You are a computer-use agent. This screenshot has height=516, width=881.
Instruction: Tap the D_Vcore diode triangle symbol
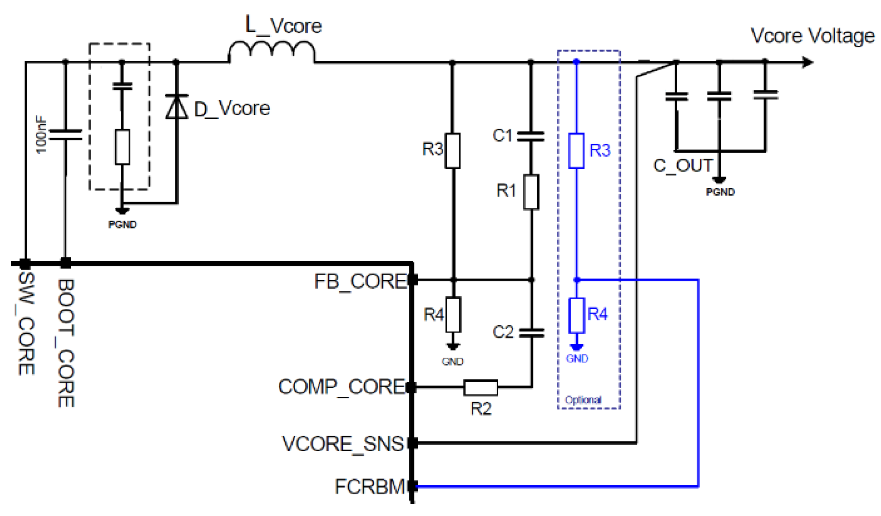tap(177, 107)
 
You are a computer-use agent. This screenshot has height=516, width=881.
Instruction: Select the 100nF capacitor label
tap(41, 134)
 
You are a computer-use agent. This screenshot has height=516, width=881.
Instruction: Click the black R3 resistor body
tap(452, 151)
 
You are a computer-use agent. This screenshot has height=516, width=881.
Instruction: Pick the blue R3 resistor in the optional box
tap(576, 151)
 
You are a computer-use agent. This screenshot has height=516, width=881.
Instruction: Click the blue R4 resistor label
tap(597, 314)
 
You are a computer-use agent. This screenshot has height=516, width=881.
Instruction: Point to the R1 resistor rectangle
tap(531, 192)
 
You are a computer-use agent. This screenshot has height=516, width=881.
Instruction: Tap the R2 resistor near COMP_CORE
tap(480, 387)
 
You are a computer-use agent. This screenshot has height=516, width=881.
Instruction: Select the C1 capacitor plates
tap(531, 136)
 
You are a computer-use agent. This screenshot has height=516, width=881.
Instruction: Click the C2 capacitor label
tap(503, 332)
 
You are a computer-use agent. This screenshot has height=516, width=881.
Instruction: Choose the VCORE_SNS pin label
tap(342, 444)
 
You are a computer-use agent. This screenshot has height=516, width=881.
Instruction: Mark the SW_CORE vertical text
tap(26, 324)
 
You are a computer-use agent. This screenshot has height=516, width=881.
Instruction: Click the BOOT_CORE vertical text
tap(66, 343)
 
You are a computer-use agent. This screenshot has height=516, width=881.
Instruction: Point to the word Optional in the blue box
tap(583, 400)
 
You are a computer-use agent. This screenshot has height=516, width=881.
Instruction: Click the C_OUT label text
tap(682, 166)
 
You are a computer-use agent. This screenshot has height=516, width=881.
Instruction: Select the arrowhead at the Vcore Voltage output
tap(808, 63)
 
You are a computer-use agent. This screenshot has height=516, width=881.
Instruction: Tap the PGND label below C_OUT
tap(720, 192)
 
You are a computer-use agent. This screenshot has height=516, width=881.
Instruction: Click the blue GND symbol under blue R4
tap(577, 348)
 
